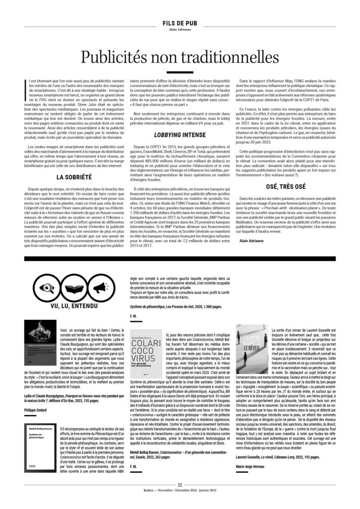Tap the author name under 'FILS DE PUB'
click(x=180, y=29)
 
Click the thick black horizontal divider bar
click(x=180, y=260)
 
